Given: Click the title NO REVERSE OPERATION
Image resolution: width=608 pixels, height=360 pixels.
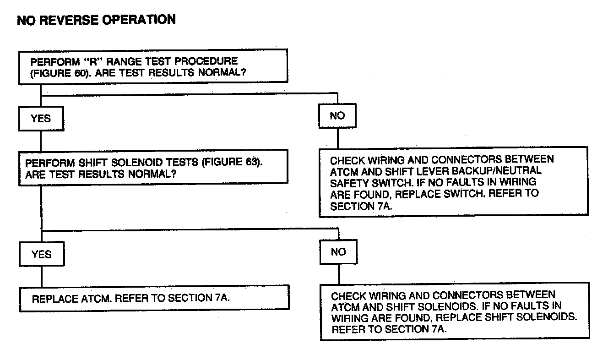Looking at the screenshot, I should (96, 20).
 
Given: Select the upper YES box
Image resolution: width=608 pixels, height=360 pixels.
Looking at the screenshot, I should (41, 119).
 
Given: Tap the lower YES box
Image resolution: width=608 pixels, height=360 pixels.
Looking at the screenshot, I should (41, 254).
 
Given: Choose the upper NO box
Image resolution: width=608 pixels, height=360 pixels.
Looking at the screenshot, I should (337, 116).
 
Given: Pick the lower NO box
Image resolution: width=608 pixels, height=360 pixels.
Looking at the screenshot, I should (338, 252).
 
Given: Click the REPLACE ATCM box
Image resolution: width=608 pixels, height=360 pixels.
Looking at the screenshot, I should (154, 298).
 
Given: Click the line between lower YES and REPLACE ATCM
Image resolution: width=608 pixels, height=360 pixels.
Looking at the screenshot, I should (42, 276).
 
